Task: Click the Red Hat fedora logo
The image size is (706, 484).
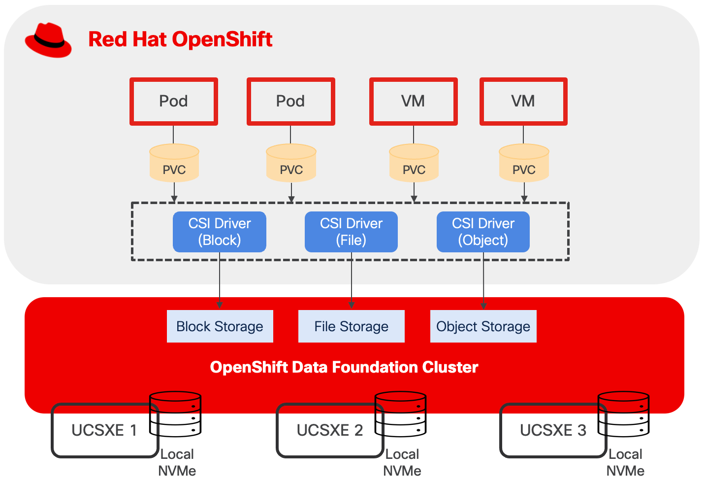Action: click(48, 40)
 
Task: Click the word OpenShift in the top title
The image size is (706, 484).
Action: click(223, 39)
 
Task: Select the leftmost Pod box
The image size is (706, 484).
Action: click(173, 101)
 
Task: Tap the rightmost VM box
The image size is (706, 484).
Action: click(523, 101)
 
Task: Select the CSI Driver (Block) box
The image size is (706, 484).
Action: click(220, 232)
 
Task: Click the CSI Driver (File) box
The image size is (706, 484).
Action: click(351, 232)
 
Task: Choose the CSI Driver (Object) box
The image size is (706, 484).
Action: click(483, 232)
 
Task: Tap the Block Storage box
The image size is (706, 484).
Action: click(220, 326)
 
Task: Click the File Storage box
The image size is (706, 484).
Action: click(351, 326)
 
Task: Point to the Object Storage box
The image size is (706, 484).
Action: click(483, 326)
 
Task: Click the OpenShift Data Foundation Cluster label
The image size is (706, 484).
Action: click(344, 367)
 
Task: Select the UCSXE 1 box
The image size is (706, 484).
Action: click(103, 431)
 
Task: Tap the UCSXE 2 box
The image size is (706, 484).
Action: click(329, 431)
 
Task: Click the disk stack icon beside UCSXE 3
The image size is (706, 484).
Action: click(624, 414)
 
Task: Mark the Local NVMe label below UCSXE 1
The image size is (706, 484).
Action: click(177, 462)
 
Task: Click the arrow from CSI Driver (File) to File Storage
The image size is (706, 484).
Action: click(352, 281)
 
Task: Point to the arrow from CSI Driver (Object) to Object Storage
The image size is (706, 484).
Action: click(483, 281)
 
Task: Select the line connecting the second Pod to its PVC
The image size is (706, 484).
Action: click(290, 134)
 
